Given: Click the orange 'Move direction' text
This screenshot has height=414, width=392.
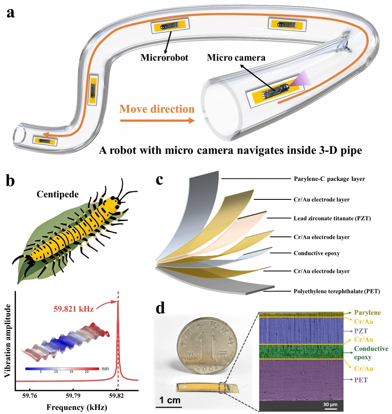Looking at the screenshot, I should click(x=157, y=109).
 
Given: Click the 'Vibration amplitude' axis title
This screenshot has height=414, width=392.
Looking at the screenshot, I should click(x=7, y=338).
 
